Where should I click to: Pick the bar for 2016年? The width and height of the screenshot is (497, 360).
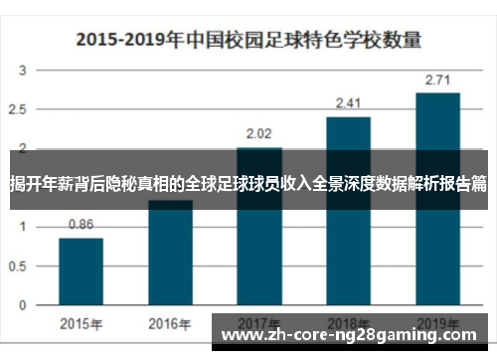170,254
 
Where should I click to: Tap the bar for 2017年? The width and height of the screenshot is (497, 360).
259,239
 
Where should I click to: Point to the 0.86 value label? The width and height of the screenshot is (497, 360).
81,225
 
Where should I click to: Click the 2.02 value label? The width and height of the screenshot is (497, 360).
259,133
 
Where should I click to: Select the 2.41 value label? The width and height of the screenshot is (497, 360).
348,102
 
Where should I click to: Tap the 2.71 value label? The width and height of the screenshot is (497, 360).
437,79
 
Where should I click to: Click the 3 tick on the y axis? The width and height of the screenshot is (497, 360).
23,72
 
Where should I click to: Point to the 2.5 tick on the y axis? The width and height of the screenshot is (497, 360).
22,110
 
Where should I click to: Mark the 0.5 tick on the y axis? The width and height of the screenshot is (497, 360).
22,266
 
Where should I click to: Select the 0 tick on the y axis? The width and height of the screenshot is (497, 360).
23,303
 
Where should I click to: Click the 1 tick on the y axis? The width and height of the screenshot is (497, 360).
23,227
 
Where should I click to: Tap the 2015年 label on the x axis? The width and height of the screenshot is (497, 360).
81,324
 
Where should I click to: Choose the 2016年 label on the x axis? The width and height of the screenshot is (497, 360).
170,324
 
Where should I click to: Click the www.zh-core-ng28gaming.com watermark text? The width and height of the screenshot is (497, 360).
353,336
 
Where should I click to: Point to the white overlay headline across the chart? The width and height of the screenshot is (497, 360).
248,184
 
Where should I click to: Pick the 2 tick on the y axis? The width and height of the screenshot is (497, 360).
23,149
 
